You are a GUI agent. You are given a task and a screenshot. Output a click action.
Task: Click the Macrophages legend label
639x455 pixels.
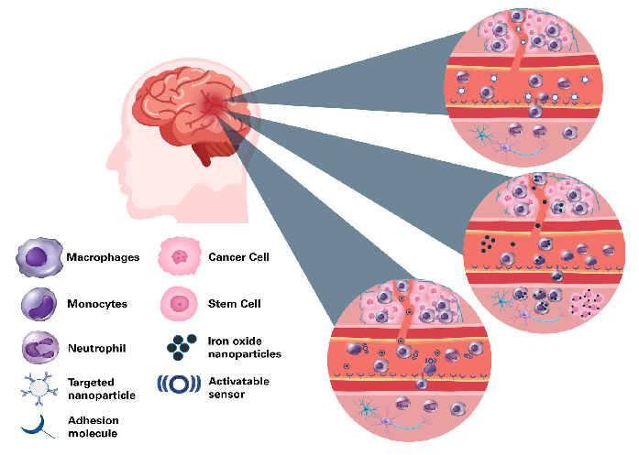[103, 257]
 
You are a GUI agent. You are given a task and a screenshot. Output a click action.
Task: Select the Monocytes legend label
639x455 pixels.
[97, 303]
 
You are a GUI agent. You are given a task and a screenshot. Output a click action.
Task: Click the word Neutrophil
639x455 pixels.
[97, 348]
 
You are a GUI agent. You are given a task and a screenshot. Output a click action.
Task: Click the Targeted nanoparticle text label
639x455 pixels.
[102, 387]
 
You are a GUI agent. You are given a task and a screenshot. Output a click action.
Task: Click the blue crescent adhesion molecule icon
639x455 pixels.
[38, 426]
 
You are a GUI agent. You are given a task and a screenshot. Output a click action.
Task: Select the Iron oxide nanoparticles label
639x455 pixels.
[244, 348]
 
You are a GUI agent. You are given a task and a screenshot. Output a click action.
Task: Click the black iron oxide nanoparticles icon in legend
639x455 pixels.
[180, 348]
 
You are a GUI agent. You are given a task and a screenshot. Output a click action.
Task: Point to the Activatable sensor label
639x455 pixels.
[238, 386]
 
